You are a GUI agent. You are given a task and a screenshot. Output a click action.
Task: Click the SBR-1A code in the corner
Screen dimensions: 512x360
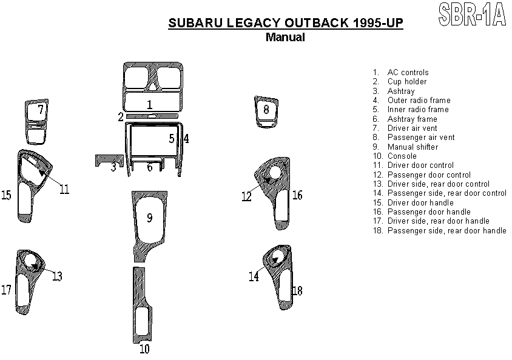click(472, 14)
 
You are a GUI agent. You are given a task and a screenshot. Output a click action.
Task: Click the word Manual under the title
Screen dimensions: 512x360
click(285, 37)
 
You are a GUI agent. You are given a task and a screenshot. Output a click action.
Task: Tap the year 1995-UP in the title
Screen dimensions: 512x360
click(378, 23)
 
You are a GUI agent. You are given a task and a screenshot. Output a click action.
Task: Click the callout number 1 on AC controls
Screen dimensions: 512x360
click(150, 105)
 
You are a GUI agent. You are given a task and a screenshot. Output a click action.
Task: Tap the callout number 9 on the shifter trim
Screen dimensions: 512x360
click(150, 218)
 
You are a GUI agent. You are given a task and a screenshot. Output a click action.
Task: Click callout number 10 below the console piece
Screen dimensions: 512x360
click(144, 349)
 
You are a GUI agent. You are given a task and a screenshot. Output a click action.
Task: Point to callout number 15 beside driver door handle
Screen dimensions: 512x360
click(6, 195)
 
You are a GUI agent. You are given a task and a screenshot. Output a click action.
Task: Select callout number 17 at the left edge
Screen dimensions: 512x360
click(6, 290)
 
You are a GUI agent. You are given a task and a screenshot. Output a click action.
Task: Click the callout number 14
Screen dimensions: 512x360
click(254, 276)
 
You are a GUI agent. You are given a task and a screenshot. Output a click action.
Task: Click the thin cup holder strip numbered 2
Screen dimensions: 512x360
click(152, 116)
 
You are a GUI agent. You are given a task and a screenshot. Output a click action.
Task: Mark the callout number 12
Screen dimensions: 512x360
click(247, 196)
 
